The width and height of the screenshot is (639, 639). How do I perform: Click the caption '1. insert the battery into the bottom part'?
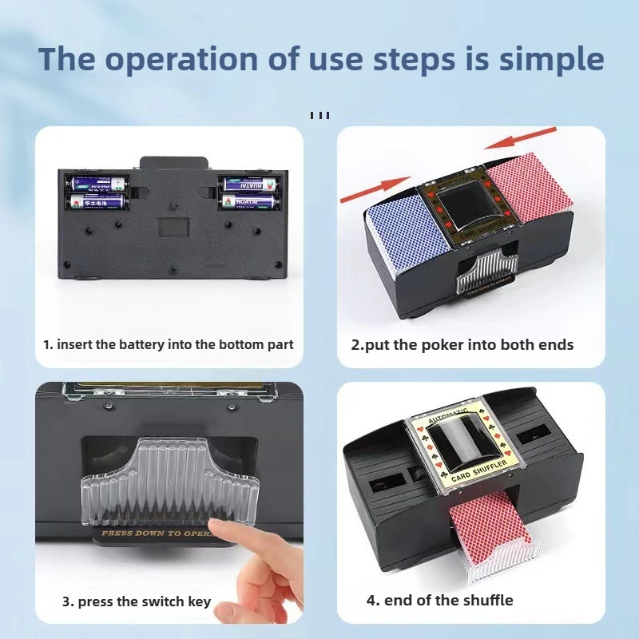tap(169, 344)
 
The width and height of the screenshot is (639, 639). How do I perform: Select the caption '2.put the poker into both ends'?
tap(462, 344)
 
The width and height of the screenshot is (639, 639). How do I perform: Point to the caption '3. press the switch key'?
tap(137, 601)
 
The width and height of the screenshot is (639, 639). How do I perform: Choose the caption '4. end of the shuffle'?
tap(439, 600)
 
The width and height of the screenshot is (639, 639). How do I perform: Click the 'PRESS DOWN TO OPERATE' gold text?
tap(156, 533)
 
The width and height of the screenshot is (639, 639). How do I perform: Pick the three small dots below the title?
tap(319, 115)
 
